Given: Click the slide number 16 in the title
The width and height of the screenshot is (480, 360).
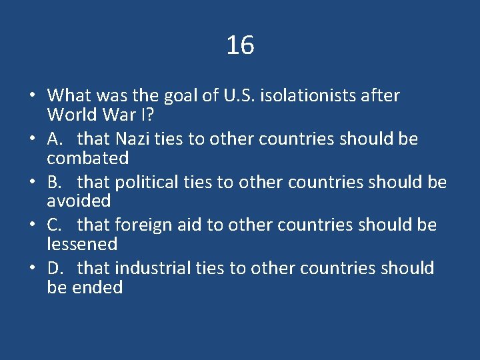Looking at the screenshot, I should (240, 45).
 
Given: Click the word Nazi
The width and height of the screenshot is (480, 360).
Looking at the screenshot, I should (133, 139).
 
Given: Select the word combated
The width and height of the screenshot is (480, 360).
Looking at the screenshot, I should (87, 159).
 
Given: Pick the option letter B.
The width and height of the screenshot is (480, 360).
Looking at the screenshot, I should (54, 182).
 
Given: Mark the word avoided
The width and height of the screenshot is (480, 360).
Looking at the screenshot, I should (79, 201).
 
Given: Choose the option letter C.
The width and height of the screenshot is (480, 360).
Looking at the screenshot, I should (54, 225).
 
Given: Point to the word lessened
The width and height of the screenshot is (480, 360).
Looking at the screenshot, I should (82, 245).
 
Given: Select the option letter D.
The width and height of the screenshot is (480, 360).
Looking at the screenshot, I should (55, 268).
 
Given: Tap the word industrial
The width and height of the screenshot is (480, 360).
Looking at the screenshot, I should (153, 268).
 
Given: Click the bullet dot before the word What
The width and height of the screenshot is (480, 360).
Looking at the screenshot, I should (31, 96).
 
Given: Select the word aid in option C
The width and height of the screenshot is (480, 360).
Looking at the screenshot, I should (190, 225).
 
